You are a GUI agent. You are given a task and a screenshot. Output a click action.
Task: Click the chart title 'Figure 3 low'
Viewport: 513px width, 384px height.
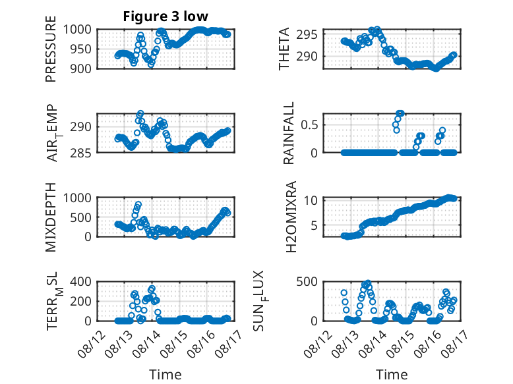[166, 16]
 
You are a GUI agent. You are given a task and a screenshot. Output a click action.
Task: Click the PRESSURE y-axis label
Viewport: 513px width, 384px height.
[51, 49]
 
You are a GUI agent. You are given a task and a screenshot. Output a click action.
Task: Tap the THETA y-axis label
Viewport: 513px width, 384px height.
[284, 49]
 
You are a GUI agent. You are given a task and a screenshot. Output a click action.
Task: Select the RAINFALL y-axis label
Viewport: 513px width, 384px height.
[289, 133]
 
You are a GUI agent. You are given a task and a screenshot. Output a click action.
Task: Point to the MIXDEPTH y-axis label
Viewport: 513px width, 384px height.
[51, 217]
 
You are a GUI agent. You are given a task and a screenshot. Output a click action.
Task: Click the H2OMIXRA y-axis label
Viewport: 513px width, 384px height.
[291, 217]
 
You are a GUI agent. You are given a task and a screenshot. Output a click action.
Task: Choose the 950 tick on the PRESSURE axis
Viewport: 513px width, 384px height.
[81, 49]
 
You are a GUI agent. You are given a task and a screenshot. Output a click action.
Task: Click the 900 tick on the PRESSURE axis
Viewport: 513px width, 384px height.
[81, 69]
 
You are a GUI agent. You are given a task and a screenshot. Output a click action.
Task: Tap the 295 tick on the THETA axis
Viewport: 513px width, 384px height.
[307, 34]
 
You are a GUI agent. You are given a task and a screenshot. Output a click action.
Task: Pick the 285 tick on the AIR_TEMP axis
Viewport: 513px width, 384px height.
[81, 153]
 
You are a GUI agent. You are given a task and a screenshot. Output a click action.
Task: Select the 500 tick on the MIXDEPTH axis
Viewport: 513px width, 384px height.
[81, 217]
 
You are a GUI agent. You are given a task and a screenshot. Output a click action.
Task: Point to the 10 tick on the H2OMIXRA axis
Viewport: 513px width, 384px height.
[311, 200]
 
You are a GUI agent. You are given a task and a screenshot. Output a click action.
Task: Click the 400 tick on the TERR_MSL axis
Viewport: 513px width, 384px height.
[81, 281]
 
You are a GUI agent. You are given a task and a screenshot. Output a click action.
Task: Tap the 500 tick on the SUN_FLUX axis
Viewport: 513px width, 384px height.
[307, 281]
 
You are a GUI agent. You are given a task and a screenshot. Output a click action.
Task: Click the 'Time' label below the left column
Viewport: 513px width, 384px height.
[166, 374]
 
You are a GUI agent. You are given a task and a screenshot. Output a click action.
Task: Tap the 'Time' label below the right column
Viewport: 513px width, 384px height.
[392, 374]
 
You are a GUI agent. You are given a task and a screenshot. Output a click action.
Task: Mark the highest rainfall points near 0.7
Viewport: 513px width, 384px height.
[400, 113]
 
